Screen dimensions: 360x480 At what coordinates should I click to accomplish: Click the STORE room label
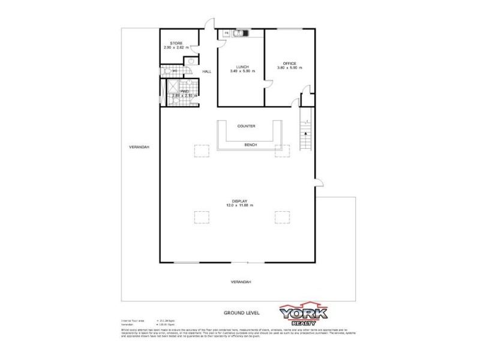(x=176, y=43)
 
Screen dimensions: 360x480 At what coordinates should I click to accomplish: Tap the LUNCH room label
(x=242, y=67)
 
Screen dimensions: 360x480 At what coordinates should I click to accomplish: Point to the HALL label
(x=207, y=72)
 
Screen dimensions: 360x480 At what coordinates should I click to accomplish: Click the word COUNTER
(x=246, y=126)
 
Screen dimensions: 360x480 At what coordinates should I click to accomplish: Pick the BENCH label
(x=250, y=145)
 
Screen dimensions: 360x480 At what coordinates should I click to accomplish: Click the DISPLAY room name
(x=240, y=200)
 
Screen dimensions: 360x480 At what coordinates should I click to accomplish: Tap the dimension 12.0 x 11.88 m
(x=240, y=205)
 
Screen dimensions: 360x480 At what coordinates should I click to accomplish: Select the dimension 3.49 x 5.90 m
(x=242, y=71)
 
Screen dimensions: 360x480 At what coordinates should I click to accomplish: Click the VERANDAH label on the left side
(x=141, y=147)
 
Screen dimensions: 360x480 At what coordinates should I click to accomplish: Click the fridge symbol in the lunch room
(x=227, y=32)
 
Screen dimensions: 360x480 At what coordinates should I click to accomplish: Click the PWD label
(x=176, y=92)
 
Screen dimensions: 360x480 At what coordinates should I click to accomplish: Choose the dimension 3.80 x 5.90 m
(x=289, y=68)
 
